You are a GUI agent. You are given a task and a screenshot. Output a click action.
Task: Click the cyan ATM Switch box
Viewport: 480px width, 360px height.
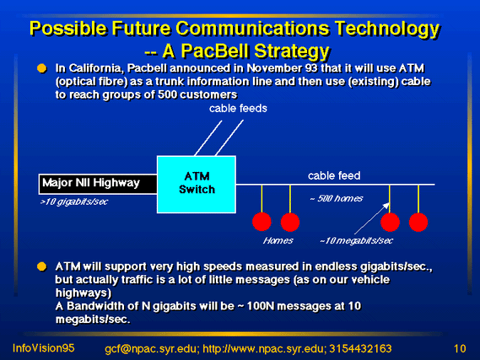(197, 185)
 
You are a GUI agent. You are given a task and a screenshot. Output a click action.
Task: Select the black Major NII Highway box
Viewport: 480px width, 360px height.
(98, 184)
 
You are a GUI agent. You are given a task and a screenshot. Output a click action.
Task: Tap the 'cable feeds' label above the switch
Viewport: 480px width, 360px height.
(238, 108)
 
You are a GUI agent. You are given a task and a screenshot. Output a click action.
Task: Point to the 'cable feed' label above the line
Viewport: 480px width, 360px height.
(334, 176)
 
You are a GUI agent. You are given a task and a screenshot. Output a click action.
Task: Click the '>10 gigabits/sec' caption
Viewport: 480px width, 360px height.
(74, 201)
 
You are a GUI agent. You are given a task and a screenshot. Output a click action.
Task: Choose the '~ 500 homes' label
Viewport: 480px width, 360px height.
(336, 198)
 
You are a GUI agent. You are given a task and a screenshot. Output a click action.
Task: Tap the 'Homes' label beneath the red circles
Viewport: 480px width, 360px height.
(278, 241)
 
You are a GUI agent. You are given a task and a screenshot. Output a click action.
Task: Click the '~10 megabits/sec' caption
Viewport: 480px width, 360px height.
(356, 241)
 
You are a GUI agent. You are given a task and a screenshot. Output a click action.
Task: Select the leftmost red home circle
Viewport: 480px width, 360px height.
(262, 222)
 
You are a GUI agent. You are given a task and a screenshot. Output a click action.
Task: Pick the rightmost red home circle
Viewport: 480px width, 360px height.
(418, 222)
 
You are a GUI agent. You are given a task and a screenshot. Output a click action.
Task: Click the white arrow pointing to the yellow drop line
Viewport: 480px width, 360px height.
(372, 218)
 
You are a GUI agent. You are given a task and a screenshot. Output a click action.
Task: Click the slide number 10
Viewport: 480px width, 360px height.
(460, 349)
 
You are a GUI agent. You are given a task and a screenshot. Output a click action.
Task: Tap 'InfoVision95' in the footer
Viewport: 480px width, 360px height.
(44, 348)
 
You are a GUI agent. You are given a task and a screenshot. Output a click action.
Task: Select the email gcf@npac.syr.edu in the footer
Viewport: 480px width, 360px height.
(150, 349)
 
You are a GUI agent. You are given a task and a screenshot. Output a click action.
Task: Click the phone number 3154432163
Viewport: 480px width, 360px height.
(360, 349)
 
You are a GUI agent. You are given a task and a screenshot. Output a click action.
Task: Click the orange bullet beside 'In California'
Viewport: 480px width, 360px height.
(41, 68)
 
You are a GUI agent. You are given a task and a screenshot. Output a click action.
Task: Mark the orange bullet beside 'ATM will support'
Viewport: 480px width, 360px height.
(41, 266)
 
